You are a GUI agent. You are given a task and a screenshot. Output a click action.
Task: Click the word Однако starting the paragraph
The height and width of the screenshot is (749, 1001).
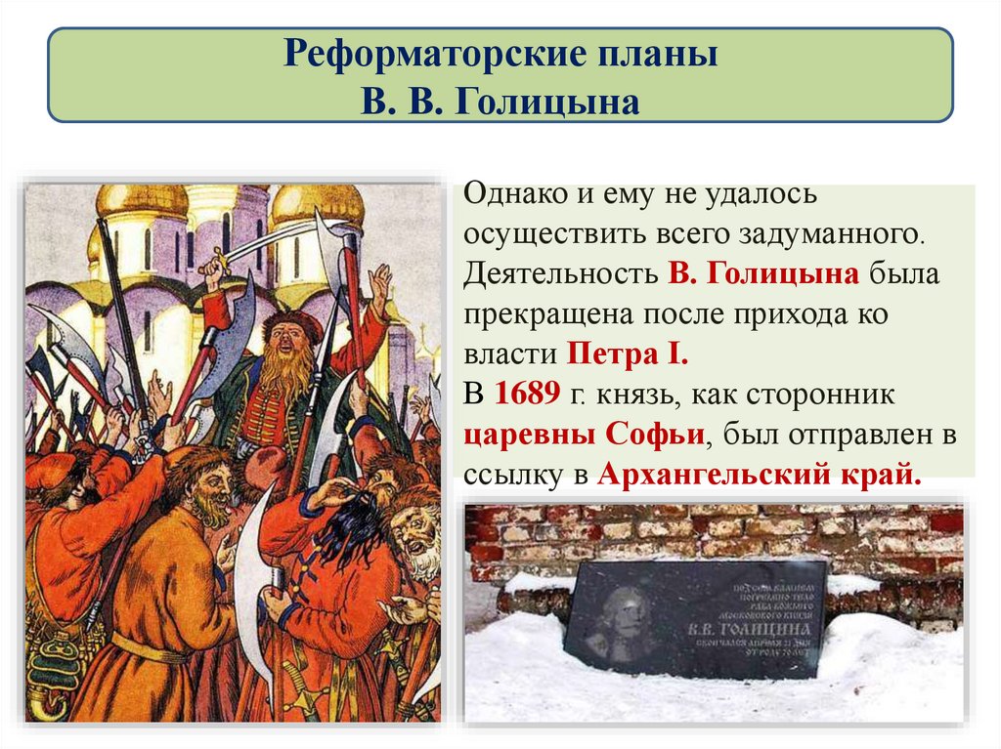(x=514, y=194)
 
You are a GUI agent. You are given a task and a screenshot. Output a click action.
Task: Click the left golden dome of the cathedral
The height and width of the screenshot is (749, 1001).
(x=143, y=201)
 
